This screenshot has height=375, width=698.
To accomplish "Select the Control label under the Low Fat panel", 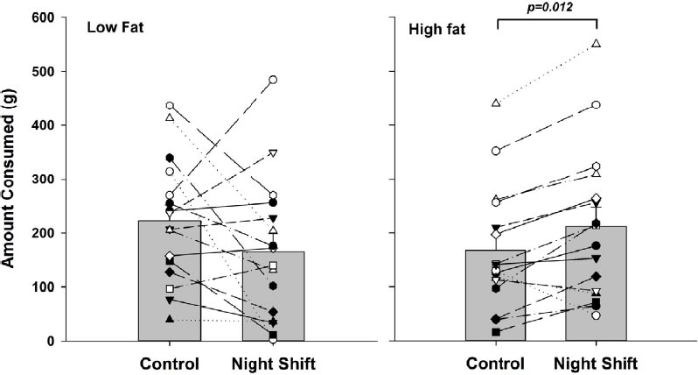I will point(170,363).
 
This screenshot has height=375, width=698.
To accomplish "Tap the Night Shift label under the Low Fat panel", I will point(273,363).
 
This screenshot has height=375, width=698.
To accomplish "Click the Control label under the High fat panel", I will point(496,363).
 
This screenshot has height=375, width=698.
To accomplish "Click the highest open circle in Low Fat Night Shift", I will point(273,80).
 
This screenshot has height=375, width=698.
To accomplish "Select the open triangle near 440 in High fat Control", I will point(496,103).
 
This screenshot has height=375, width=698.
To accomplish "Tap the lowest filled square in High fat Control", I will point(496,332).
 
